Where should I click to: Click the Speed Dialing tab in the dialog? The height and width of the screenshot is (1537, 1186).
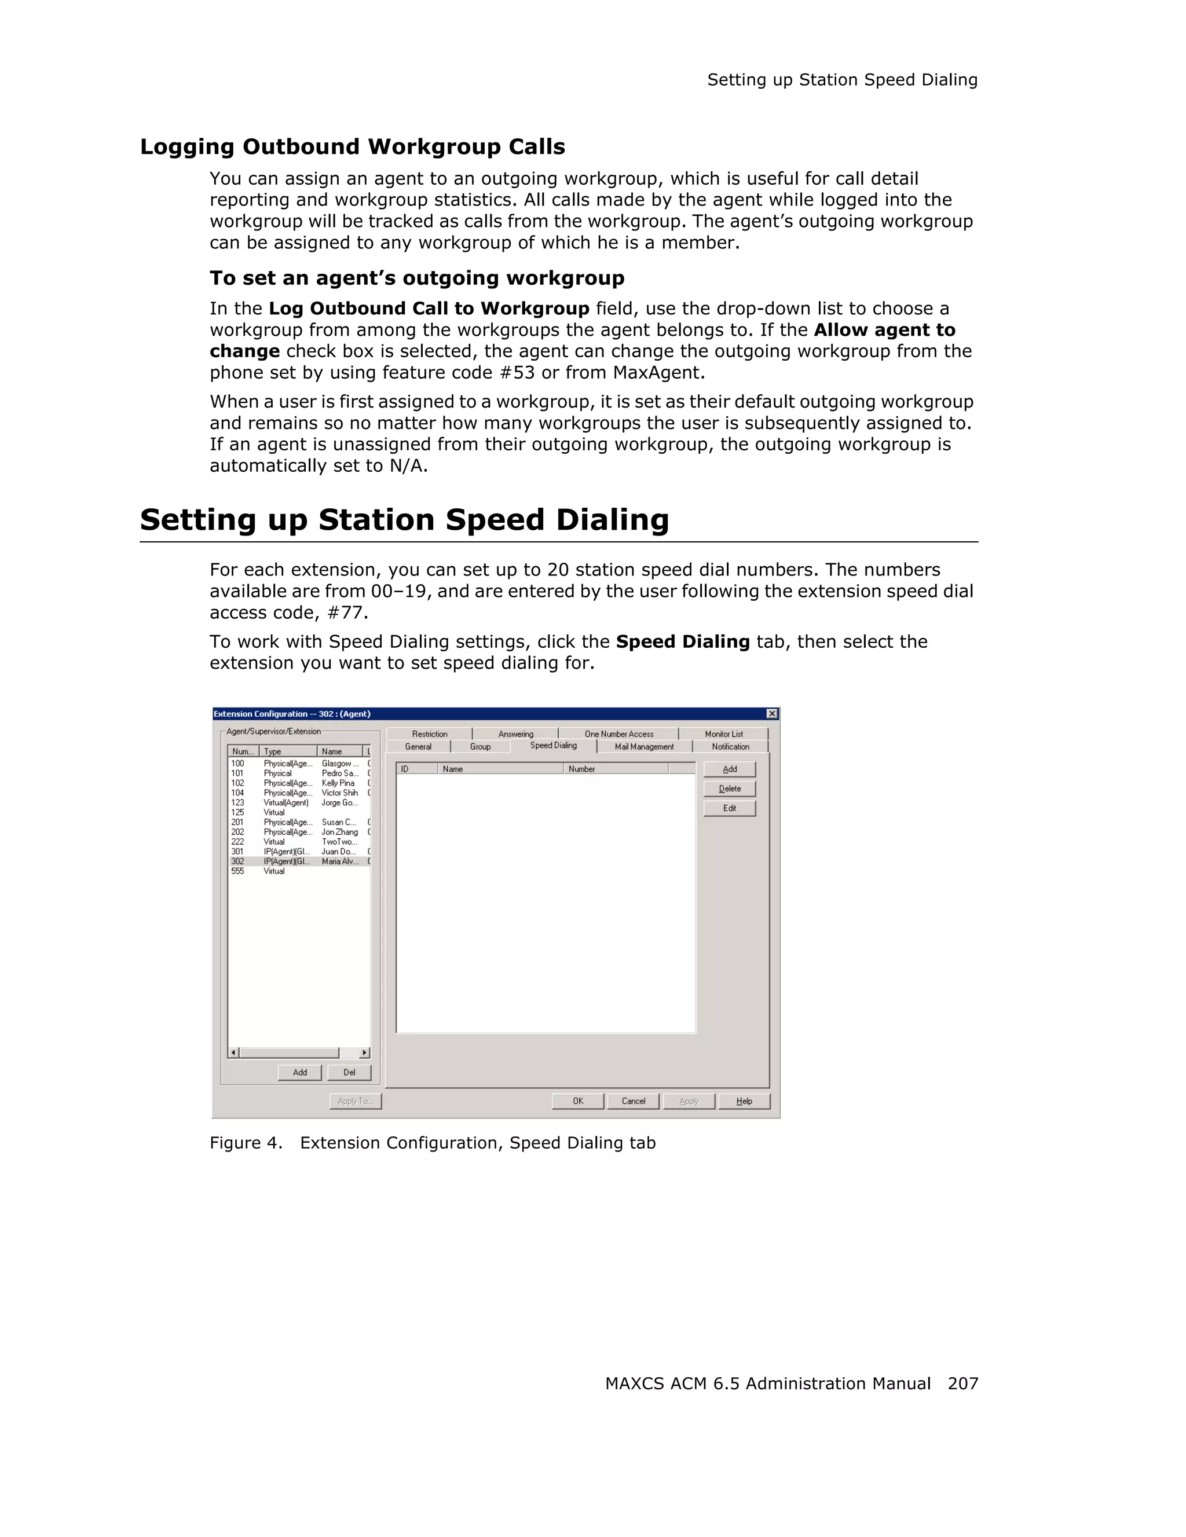[x=553, y=745]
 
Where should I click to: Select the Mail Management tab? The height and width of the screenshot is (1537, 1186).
[x=643, y=747]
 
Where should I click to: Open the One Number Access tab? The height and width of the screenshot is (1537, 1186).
[x=618, y=734]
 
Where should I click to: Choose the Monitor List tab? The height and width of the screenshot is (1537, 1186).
[x=723, y=734]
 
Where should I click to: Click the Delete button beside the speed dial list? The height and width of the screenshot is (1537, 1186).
[x=729, y=789]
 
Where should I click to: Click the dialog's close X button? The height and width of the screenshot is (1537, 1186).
[x=771, y=714]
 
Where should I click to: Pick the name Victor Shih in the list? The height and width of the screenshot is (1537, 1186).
[x=339, y=793]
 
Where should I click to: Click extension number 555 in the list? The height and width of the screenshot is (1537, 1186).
[x=238, y=871]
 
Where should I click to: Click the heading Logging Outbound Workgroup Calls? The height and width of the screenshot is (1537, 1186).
[x=352, y=146]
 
